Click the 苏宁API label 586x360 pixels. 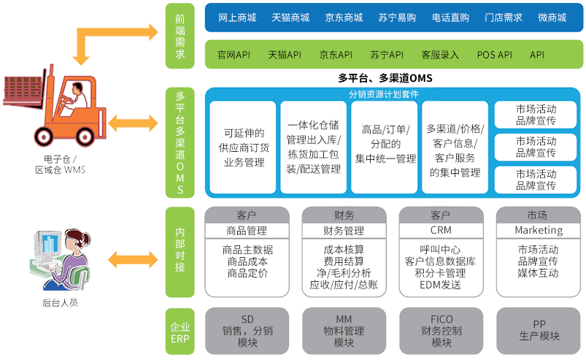click(x=386, y=55)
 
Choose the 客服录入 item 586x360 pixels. click(x=440, y=55)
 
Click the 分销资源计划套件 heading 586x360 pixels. click(x=384, y=93)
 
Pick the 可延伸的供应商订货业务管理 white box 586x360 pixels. click(x=244, y=147)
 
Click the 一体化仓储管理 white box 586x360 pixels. click(x=314, y=147)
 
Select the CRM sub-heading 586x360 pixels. click(x=440, y=230)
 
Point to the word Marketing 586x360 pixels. click(x=539, y=230)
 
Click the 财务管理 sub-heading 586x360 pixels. click(x=343, y=230)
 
